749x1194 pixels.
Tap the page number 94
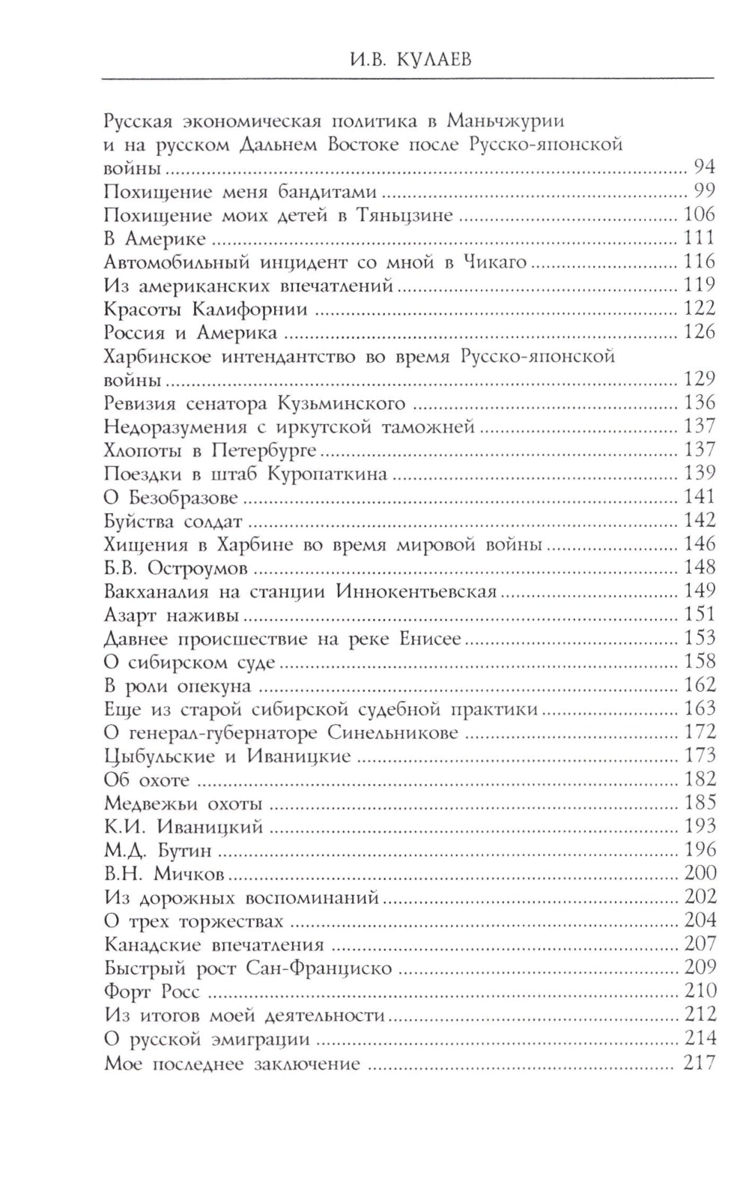coord(704,167)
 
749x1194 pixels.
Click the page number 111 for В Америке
coord(700,238)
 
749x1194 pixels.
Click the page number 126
coord(700,332)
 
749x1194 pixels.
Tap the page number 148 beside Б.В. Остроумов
coord(700,567)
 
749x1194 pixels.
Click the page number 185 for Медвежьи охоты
coord(700,803)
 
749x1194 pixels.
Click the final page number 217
coord(700,1063)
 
